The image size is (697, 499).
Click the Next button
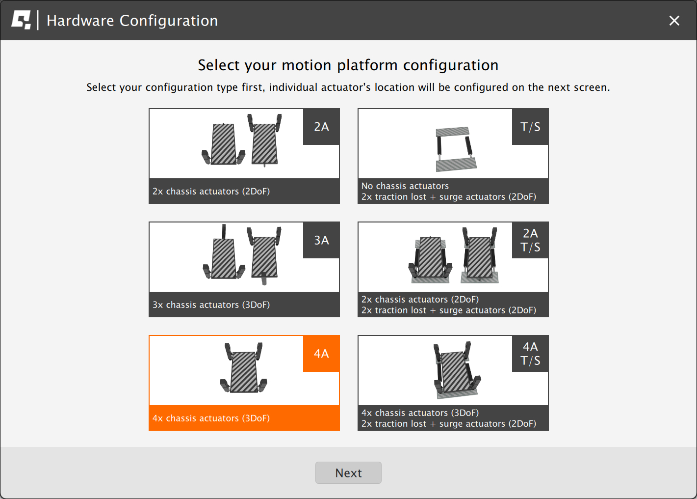click(x=348, y=472)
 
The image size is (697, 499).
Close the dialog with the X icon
click(x=674, y=20)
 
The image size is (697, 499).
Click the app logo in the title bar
click(x=21, y=20)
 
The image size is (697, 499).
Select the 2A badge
click(x=321, y=127)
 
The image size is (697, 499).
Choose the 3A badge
click(x=321, y=240)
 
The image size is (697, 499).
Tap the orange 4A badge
click(x=321, y=354)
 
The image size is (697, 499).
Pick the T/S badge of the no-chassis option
click(x=530, y=127)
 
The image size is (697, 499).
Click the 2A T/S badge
click(x=530, y=240)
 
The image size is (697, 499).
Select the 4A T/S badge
click(x=530, y=354)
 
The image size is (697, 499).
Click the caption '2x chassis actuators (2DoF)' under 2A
click(x=211, y=191)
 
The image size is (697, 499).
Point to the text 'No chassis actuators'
click(x=405, y=186)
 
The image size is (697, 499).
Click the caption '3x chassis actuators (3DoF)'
click(x=211, y=305)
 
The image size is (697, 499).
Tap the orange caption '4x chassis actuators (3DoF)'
click(x=211, y=418)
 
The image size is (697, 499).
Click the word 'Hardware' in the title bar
click(x=80, y=21)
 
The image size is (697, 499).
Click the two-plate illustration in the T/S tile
click(x=455, y=148)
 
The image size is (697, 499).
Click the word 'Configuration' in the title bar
click(x=169, y=21)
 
